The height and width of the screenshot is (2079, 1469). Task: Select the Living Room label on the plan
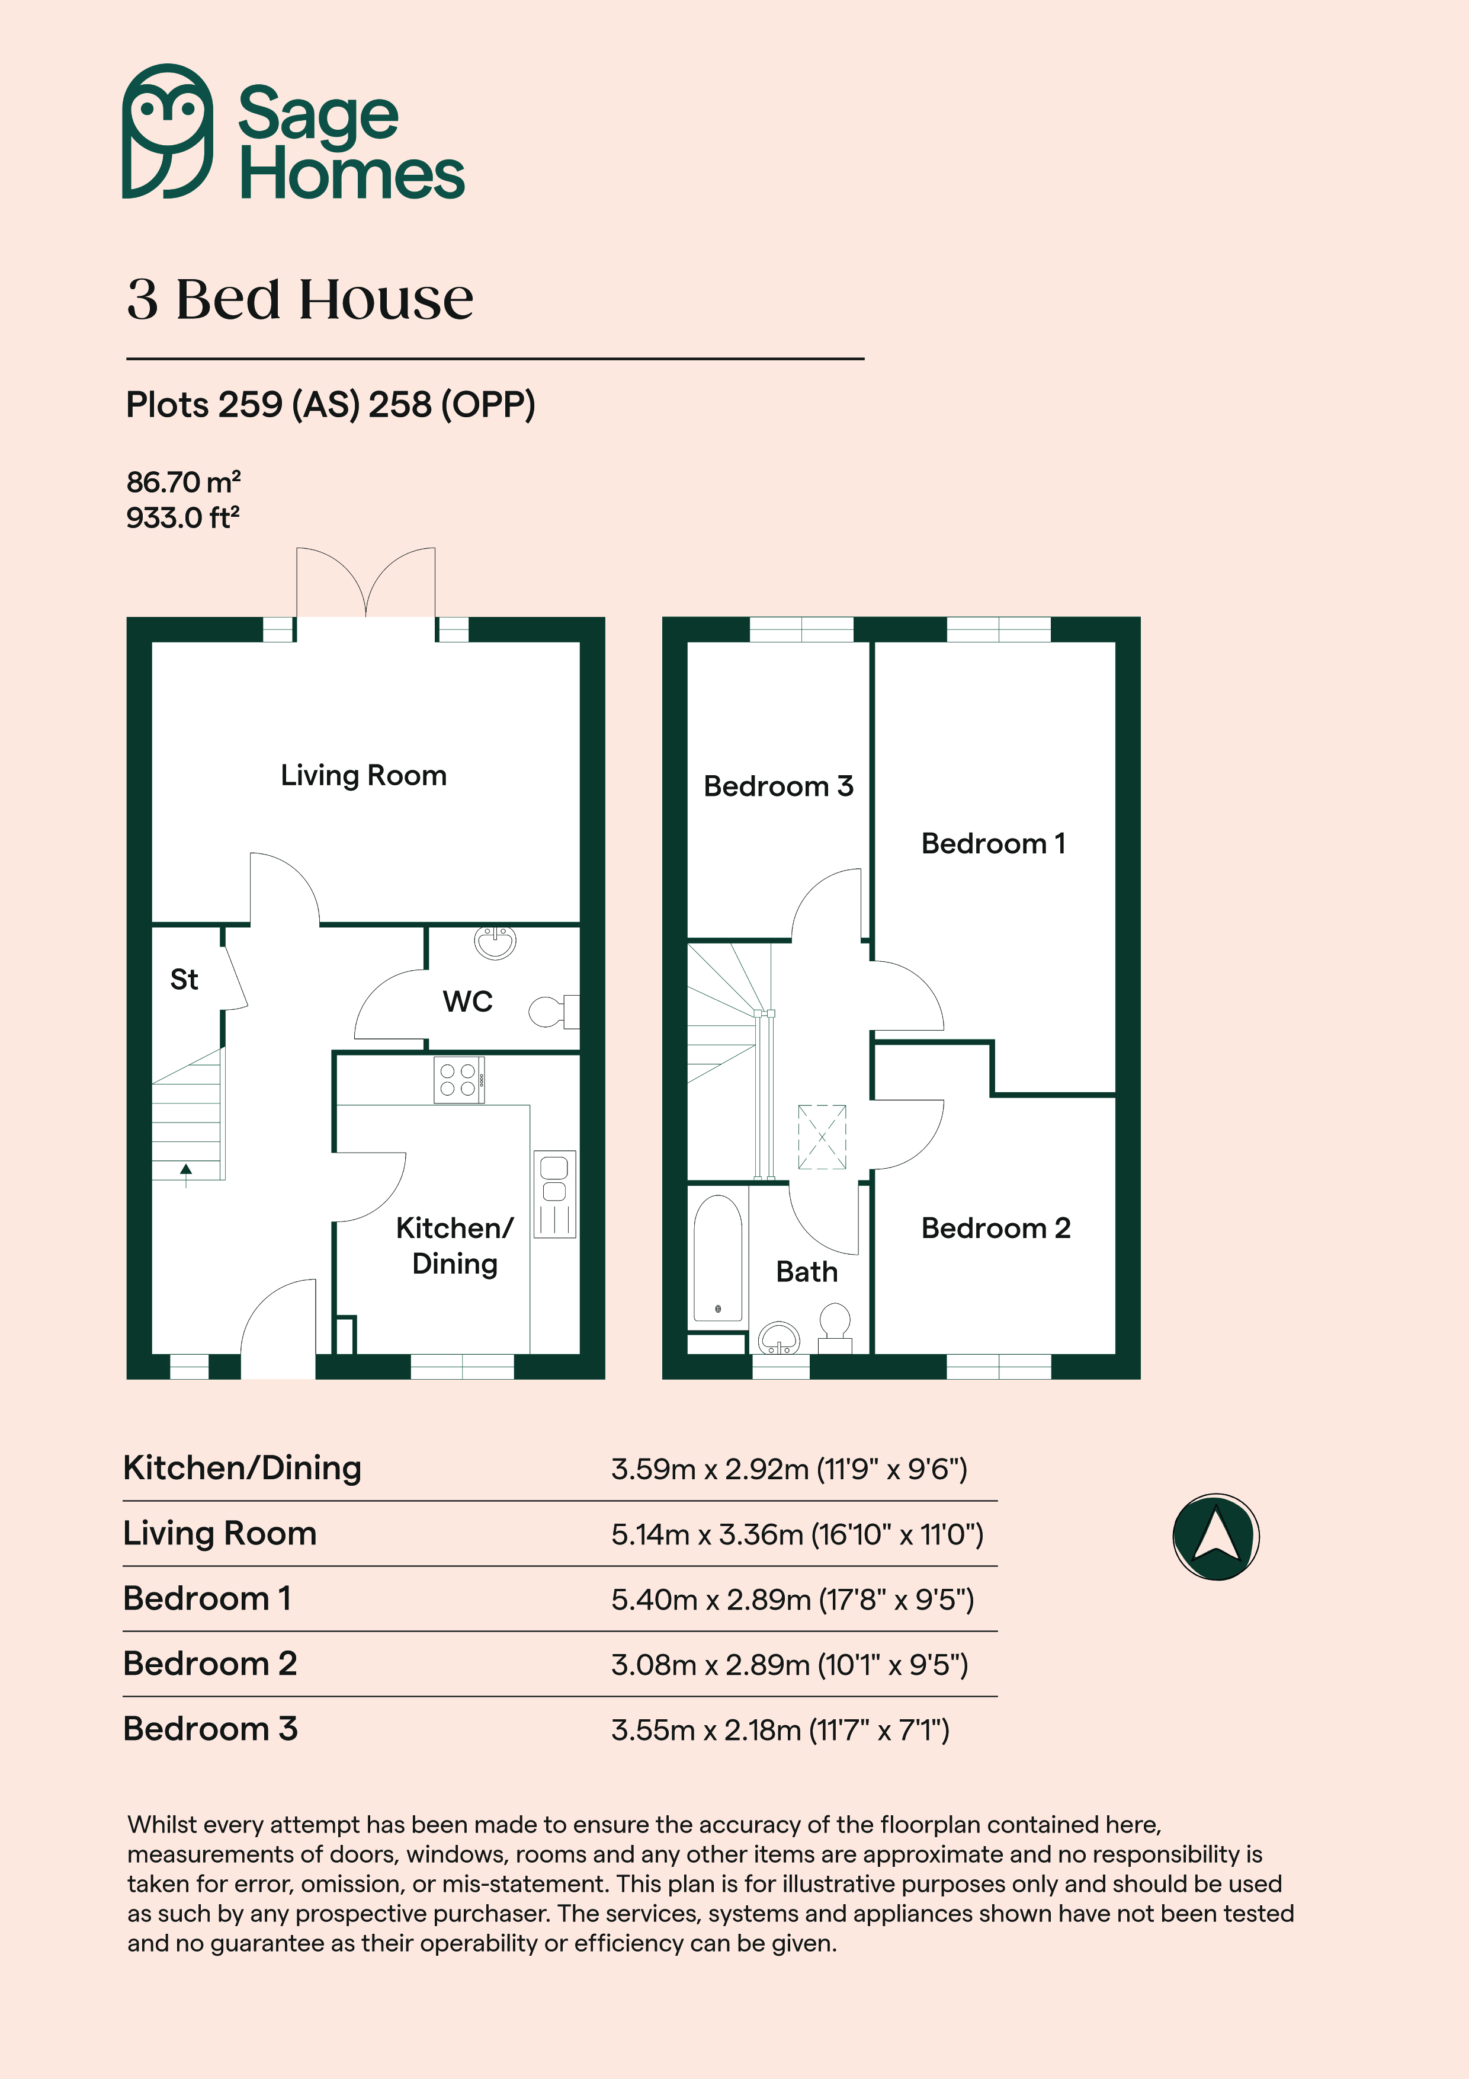(363, 776)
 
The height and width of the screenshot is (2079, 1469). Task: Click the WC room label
(467, 1002)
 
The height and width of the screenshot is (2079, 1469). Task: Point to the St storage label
(184, 979)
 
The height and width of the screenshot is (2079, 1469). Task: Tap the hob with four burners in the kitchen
(459, 1080)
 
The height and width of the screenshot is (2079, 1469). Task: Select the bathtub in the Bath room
(718, 1258)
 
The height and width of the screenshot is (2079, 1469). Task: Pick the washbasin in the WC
(495, 942)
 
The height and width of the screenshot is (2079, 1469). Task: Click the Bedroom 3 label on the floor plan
(778, 786)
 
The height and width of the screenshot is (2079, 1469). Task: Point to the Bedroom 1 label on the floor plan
(993, 843)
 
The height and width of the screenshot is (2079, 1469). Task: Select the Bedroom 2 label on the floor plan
(996, 1228)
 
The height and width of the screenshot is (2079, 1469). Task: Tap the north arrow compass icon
(1215, 1537)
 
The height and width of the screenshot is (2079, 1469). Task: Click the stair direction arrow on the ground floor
(187, 1175)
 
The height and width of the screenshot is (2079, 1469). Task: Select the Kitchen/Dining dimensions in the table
(789, 1469)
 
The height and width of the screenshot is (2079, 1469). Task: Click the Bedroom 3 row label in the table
(210, 1729)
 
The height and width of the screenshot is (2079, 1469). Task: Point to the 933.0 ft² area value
(183, 518)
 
